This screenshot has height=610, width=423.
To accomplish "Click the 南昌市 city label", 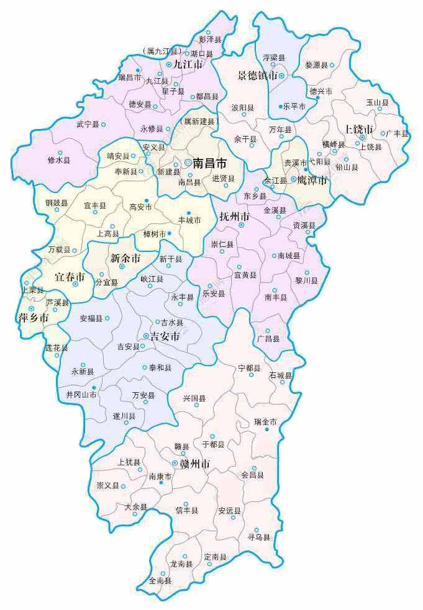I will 210,163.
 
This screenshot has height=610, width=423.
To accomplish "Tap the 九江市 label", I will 188,64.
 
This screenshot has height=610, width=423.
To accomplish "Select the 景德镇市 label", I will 257,76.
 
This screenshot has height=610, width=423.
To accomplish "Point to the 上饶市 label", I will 359,130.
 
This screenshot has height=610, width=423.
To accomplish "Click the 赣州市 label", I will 194,464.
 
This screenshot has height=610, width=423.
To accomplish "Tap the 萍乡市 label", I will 32,318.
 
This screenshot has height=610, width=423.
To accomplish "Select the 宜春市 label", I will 70,276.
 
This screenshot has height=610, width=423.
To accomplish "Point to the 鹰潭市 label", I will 312,180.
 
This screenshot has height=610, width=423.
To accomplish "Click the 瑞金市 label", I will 265,422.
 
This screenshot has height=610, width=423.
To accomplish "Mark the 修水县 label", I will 59,160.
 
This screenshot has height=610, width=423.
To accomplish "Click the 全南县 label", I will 160,581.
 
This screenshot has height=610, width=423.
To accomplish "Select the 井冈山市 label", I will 77,395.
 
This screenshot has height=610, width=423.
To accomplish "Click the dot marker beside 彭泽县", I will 209,32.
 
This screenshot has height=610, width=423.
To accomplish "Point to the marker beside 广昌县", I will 268,331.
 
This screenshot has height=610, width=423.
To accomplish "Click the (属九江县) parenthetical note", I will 160,51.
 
